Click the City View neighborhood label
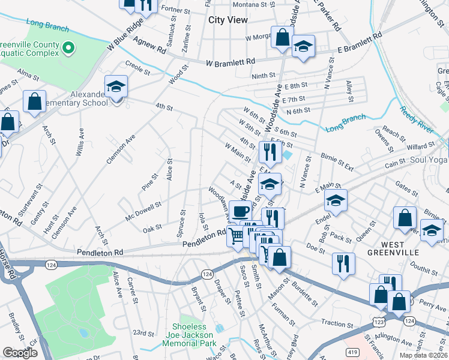click(x=228, y=20)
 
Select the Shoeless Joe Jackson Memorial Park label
click(x=188, y=335)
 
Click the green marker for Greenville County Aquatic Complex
click(x=69, y=46)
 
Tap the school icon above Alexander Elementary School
click(x=116, y=88)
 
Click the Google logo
click(x=20, y=353)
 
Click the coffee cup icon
click(x=240, y=212)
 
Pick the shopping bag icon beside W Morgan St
click(x=282, y=38)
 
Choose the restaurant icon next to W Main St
click(x=270, y=152)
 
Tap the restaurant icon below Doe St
click(x=343, y=264)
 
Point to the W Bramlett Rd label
click(x=231, y=62)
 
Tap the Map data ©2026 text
click(x=423, y=355)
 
